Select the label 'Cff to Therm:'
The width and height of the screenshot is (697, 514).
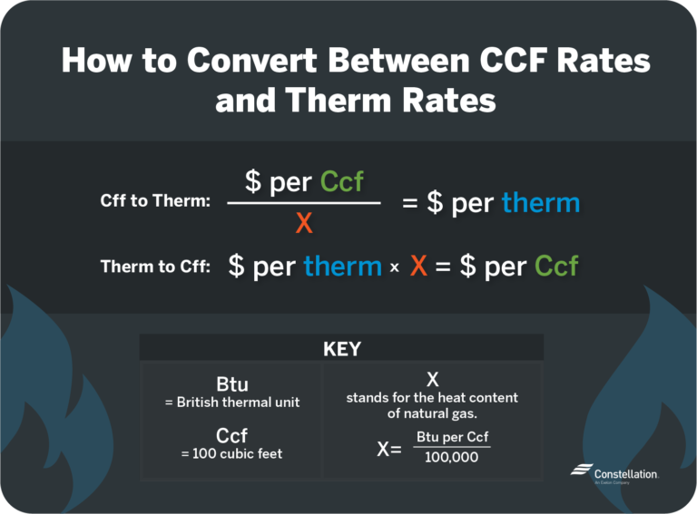tap(155, 202)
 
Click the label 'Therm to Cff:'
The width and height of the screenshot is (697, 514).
tap(155, 267)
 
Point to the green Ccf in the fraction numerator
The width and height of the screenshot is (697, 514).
tap(342, 181)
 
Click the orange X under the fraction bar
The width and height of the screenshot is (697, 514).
tap(304, 222)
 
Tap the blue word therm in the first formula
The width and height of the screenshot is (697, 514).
tap(540, 203)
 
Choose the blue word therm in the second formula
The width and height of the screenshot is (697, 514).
tap(342, 267)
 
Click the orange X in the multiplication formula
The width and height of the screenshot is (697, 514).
tap(418, 267)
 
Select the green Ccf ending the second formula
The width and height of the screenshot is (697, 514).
tap(556, 267)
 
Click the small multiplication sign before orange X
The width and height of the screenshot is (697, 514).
tap(394, 268)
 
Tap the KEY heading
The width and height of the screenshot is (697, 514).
tap(341, 349)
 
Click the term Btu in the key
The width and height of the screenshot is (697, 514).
tap(231, 384)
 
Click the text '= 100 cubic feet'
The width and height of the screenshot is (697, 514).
tap(231, 453)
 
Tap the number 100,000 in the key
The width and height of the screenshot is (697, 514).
tap(452, 457)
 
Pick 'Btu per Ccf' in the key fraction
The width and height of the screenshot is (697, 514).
tap(452, 437)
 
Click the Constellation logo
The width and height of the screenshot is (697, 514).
tap(614, 473)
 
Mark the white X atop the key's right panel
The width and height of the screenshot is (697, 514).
tap(432, 378)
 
